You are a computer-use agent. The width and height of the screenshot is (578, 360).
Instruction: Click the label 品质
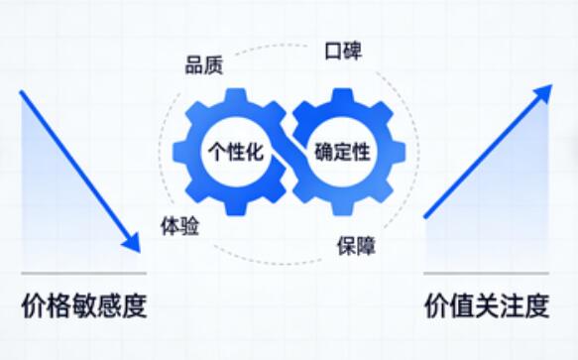203,66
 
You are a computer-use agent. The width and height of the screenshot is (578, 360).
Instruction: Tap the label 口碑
342,51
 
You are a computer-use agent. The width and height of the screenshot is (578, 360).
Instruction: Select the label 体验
179,226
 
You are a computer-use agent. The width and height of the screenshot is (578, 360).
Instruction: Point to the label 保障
355,244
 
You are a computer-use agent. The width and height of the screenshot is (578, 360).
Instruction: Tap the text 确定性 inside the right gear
342,152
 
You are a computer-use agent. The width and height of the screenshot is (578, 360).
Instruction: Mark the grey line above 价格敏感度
83,273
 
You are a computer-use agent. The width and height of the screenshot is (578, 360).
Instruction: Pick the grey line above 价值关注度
486,273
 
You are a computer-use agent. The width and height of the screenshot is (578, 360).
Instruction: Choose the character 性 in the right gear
363,152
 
